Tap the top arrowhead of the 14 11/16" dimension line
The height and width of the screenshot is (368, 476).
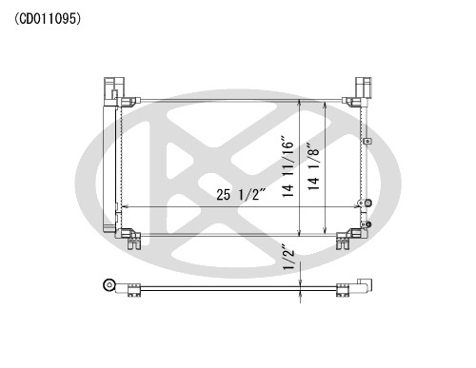302,100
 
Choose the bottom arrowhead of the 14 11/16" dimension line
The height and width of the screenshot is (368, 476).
302,232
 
